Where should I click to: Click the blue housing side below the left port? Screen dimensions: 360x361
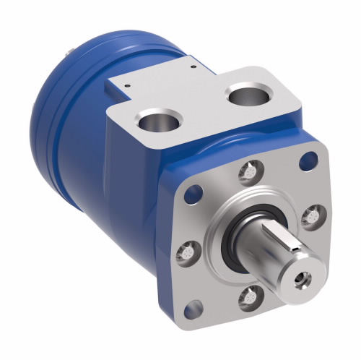coord(137,188)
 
